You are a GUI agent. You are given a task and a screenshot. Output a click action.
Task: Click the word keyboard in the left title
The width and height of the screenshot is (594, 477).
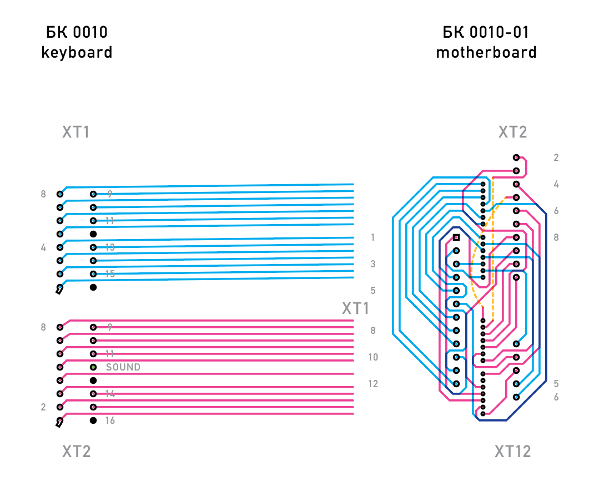click(77, 53)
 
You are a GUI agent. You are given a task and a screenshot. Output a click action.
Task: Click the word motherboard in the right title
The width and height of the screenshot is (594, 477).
click(486, 53)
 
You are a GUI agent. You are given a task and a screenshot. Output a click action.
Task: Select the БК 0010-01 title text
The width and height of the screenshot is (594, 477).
click(486, 33)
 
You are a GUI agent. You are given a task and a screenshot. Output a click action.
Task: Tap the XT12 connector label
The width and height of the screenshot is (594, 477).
click(512, 451)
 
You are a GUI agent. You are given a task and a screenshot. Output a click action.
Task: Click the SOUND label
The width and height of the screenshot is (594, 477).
click(123, 367)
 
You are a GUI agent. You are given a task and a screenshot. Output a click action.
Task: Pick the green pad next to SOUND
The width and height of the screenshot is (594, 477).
click(93, 367)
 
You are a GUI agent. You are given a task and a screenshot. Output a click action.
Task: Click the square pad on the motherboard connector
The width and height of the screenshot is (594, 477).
click(456, 237)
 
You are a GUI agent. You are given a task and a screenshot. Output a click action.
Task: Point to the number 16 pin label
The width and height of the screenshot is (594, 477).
click(110, 420)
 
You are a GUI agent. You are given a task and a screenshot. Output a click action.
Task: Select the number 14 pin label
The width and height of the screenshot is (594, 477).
click(110, 394)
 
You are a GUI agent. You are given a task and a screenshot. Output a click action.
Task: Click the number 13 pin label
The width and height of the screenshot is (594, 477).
click(110, 247)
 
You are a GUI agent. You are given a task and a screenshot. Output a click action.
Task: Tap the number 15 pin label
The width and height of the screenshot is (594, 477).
click(110, 274)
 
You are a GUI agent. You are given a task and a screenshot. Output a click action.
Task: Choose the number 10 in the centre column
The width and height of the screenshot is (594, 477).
click(373, 357)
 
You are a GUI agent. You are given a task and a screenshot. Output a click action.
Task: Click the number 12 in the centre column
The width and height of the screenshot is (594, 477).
click(373, 384)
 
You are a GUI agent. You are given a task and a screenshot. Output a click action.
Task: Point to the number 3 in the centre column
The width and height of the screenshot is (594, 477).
click(373, 264)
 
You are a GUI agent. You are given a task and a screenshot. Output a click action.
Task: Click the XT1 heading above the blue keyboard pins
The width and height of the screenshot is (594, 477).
click(75, 133)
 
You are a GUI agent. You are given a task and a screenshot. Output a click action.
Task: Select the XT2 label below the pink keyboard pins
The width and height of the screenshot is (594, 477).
click(76, 451)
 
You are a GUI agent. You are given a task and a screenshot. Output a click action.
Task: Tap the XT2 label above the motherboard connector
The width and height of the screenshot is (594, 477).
click(512, 133)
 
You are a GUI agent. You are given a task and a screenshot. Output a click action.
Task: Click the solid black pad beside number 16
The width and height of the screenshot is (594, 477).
click(93, 420)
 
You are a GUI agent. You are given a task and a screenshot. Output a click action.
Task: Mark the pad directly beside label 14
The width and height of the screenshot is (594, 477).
click(93, 394)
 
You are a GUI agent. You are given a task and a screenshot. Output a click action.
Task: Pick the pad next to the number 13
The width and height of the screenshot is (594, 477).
click(93, 247)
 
